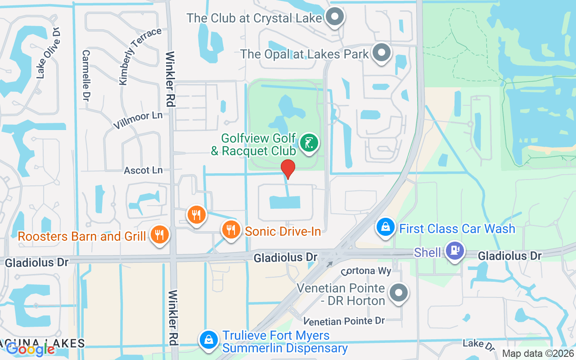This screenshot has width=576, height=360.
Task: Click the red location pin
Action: point(288,169)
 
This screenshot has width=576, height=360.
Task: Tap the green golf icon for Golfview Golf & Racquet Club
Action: point(309,144)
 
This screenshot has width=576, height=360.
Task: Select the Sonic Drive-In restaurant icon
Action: point(231,230)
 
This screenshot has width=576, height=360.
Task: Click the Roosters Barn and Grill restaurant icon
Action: point(159,234)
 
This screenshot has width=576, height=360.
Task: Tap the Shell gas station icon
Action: point(454,251)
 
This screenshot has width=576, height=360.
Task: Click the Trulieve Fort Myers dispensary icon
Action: point(208,341)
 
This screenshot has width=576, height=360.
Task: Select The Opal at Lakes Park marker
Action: point(382,53)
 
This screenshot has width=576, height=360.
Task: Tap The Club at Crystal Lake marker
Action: point(334,18)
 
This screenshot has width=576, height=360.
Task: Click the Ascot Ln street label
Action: point(143,170)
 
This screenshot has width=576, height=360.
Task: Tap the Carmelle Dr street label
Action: point(85,75)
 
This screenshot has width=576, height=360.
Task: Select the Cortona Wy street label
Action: point(366,271)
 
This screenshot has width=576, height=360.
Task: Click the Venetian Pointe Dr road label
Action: point(344,321)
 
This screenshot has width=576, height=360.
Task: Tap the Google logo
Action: point(30,349)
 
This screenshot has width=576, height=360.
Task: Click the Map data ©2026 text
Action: point(538,353)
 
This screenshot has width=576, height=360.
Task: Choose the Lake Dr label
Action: point(479,345)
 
